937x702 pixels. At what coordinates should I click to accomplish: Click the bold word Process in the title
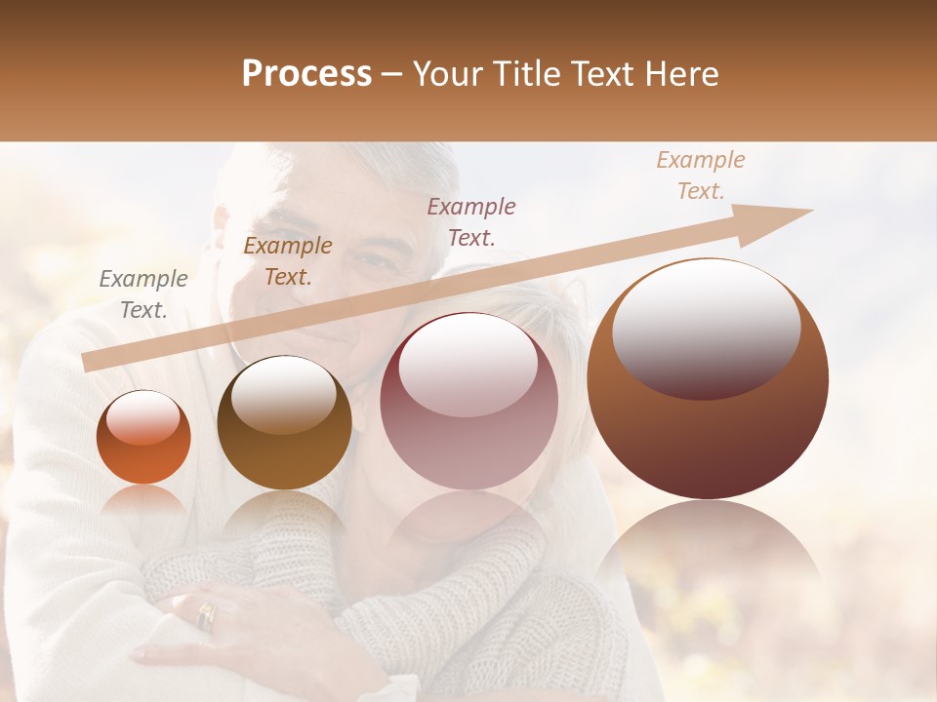306,74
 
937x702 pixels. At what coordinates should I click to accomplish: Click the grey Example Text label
143,294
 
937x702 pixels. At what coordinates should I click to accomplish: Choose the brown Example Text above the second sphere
288,261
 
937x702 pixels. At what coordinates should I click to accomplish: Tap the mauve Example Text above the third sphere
471,221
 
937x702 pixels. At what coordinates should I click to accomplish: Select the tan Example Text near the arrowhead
701,175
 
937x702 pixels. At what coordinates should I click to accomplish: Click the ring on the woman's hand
206,614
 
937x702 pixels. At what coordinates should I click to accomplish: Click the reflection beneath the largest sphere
708,556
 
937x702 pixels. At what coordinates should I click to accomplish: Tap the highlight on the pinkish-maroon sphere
468,366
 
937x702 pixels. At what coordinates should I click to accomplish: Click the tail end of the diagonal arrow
86,363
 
